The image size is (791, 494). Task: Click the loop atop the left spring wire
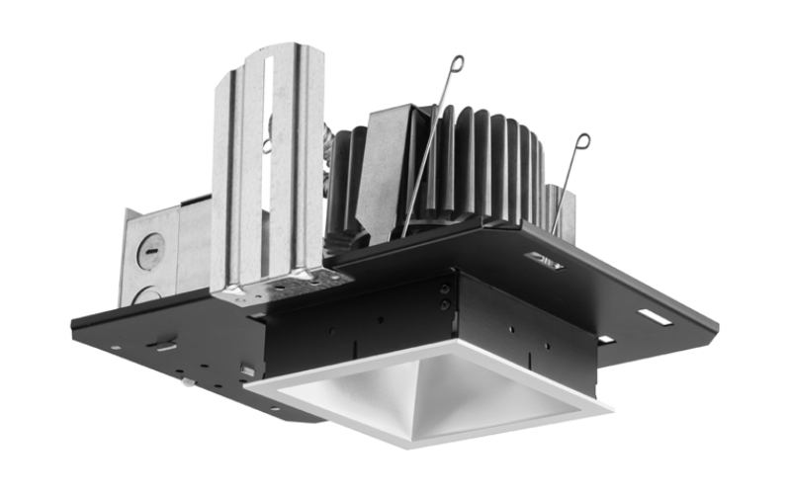pos(456,64)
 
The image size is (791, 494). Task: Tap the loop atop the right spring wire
pos(582,141)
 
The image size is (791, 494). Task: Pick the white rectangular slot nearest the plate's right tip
pos(655,318)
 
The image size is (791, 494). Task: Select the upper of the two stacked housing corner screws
pos(446,289)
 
